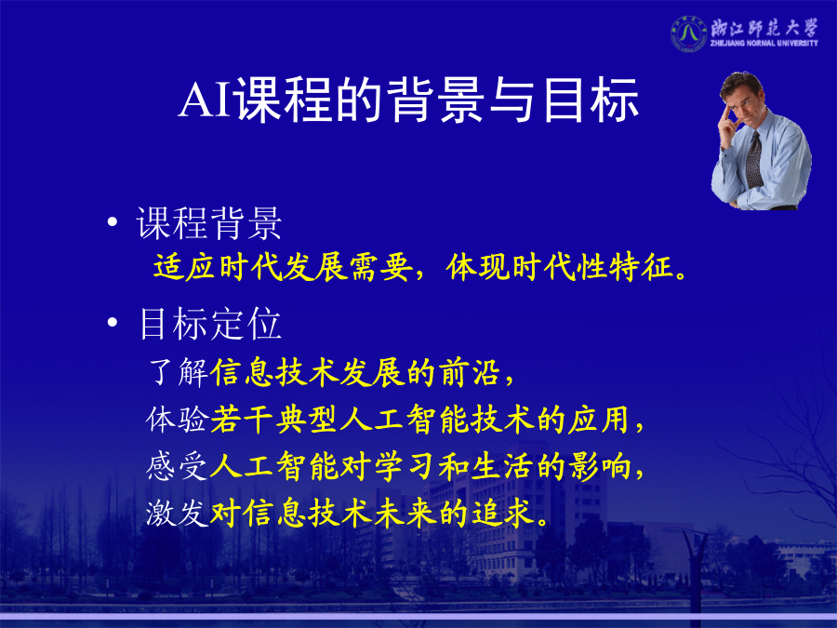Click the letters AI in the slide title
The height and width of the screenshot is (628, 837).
[x=206, y=100]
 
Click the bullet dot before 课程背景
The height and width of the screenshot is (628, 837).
[x=113, y=221]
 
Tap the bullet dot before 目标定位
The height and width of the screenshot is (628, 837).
[x=113, y=322]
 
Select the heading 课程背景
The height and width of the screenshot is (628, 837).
[x=209, y=222]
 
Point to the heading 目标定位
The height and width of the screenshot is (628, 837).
[x=210, y=324]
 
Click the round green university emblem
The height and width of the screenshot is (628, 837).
[x=688, y=33]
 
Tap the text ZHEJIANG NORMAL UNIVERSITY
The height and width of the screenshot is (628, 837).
[x=764, y=43]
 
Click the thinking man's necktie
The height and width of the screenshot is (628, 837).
[x=753, y=159]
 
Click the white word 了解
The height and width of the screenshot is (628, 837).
[x=179, y=372]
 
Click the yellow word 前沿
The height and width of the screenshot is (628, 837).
[x=470, y=372]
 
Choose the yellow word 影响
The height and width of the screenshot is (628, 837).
[x=600, y=466]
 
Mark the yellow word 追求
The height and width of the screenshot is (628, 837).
[x=502, y=514]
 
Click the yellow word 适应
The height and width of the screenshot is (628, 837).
[x=185, y=266]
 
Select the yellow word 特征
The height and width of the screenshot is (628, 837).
[x=641, y=266]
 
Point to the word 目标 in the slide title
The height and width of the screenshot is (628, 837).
[x=591, y=100]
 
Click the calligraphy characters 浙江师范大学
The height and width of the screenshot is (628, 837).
[x=764, y=27]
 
